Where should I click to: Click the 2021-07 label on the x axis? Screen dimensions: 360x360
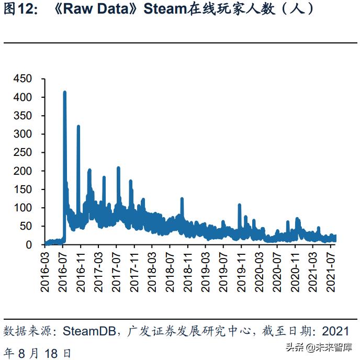click(x=330, y=271)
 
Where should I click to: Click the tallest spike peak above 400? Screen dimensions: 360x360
click(x=64, y=93)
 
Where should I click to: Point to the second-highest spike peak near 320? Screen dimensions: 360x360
click(x=78, y=127)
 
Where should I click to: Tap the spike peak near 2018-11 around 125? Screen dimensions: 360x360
click(x=182, y=199)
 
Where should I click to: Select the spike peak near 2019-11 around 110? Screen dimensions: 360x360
click(x=239, y=205)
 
